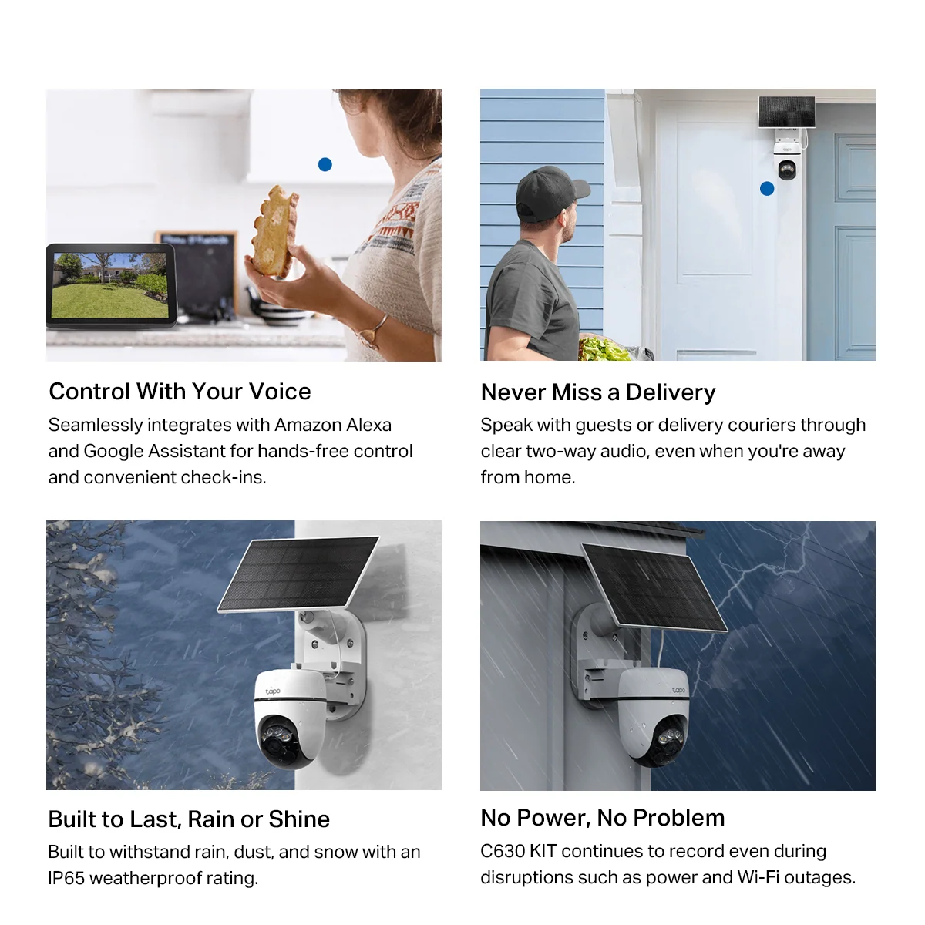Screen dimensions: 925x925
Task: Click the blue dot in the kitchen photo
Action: [x=325, y=165]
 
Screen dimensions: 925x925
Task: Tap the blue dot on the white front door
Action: [x=767, y=189]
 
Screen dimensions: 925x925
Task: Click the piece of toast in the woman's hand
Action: [x=274, y=231]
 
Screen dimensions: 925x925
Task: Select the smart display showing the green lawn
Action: [x=111, y=286]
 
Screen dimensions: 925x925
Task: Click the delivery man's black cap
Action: [x=550, y=192]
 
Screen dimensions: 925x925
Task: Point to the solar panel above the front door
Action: [x=786, y=111]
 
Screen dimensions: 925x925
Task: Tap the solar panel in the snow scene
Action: [x=298, y=574]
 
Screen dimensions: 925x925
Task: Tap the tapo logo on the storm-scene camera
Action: [x=679, y=690]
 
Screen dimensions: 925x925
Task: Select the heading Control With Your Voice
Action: [x=180, y=392]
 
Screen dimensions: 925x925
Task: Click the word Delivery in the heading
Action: [x=671, y=392]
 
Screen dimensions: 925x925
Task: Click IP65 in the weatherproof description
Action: [x=67, y=878]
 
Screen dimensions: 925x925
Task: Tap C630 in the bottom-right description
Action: [x=503, y=851]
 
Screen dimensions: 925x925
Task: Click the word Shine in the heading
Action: [x=299, y=819]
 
